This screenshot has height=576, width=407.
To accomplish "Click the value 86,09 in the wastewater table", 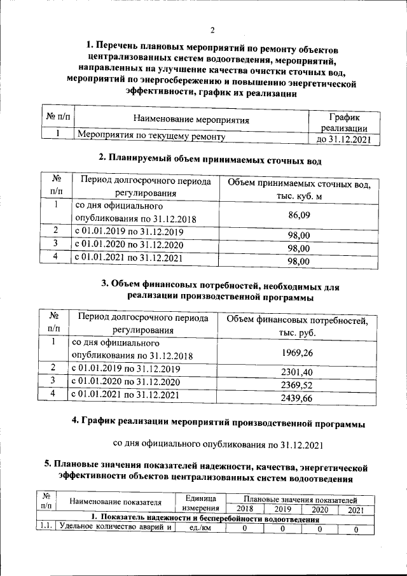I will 299,215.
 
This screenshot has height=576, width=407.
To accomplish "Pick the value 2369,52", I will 296,386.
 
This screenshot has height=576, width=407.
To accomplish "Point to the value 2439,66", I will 296,399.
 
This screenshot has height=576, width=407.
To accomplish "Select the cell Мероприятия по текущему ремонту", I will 151,136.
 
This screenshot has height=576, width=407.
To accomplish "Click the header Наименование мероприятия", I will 191,119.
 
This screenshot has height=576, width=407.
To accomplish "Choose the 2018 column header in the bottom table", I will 239,509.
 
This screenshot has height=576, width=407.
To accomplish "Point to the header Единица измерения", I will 201,503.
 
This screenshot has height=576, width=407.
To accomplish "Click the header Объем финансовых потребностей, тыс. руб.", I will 296,325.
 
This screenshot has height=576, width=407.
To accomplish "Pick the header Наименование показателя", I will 115,503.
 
